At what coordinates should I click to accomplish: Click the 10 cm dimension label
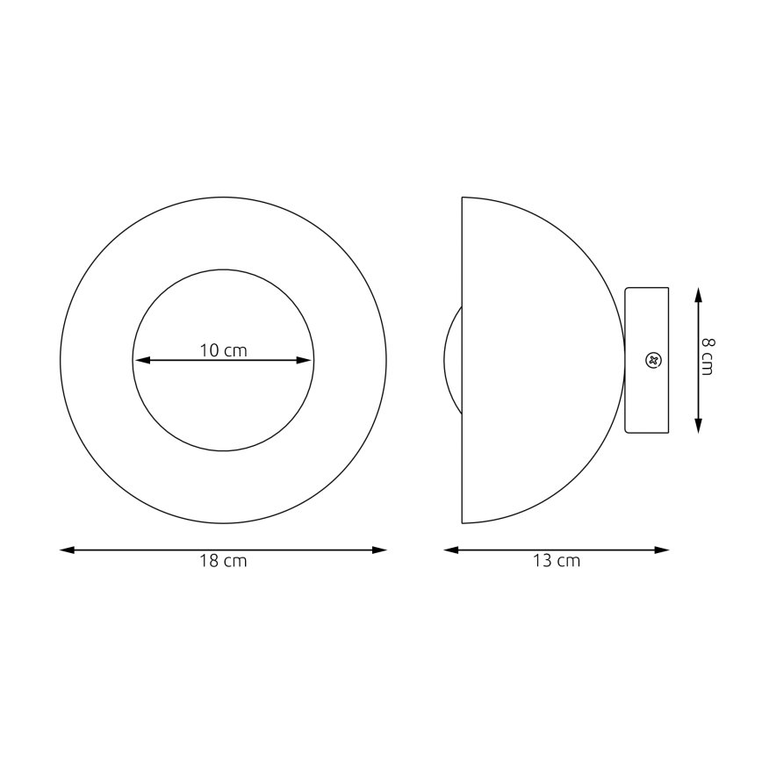[223, 350]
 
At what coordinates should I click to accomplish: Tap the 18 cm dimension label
[223, 562]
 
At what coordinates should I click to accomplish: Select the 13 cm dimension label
[557, 562]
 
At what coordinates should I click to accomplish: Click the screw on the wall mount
[652, 360]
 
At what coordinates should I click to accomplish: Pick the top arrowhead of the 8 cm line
[699, 293]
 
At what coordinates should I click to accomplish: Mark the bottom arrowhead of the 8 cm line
[699, 427]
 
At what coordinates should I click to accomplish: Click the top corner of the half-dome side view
[463, 198]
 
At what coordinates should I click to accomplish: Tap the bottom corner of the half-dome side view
[463, 522]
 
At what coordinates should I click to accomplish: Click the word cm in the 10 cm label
[235, 350]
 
